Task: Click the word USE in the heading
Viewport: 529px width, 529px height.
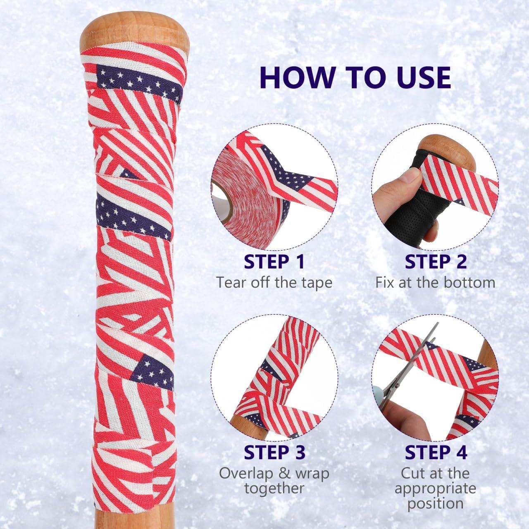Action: click(x=418, y=76)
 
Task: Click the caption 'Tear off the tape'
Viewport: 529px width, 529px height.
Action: click(x=274, y=283)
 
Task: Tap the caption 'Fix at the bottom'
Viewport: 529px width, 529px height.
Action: click(x=435, y=283)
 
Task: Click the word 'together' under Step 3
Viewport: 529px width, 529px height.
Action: click(x=274, y=488)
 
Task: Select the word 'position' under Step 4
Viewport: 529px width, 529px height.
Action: click(x=435, y=503)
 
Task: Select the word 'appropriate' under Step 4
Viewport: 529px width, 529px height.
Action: click(x=435, y=488)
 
